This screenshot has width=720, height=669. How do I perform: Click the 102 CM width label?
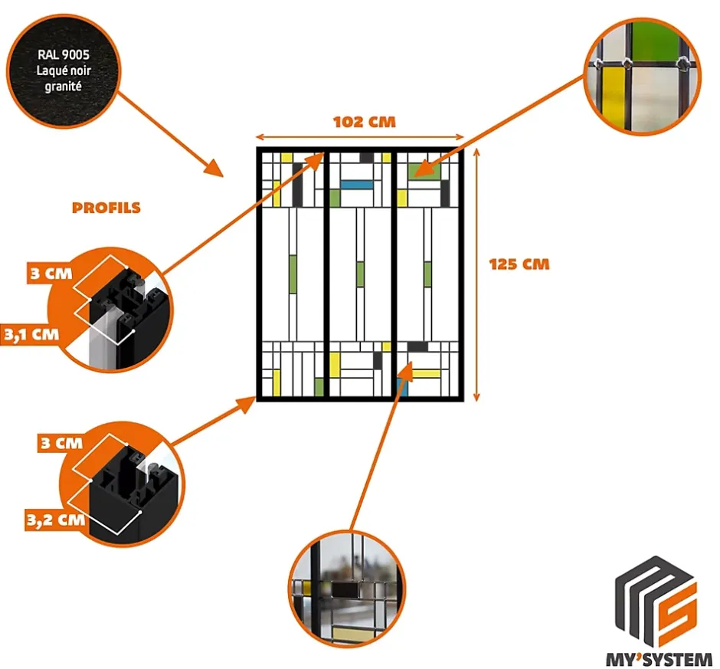pyautogui.click(x=365, y=121)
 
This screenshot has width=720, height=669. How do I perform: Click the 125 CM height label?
pyautogui.click(x=519, y=264)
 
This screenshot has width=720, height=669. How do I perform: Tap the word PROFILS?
pyautogui.click(x=106, y=208)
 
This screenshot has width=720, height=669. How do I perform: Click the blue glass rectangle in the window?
pyautogui.click(x=355, y=184)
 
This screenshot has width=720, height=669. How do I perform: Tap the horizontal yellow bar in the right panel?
pyautogui.click(x=427, y=374)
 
